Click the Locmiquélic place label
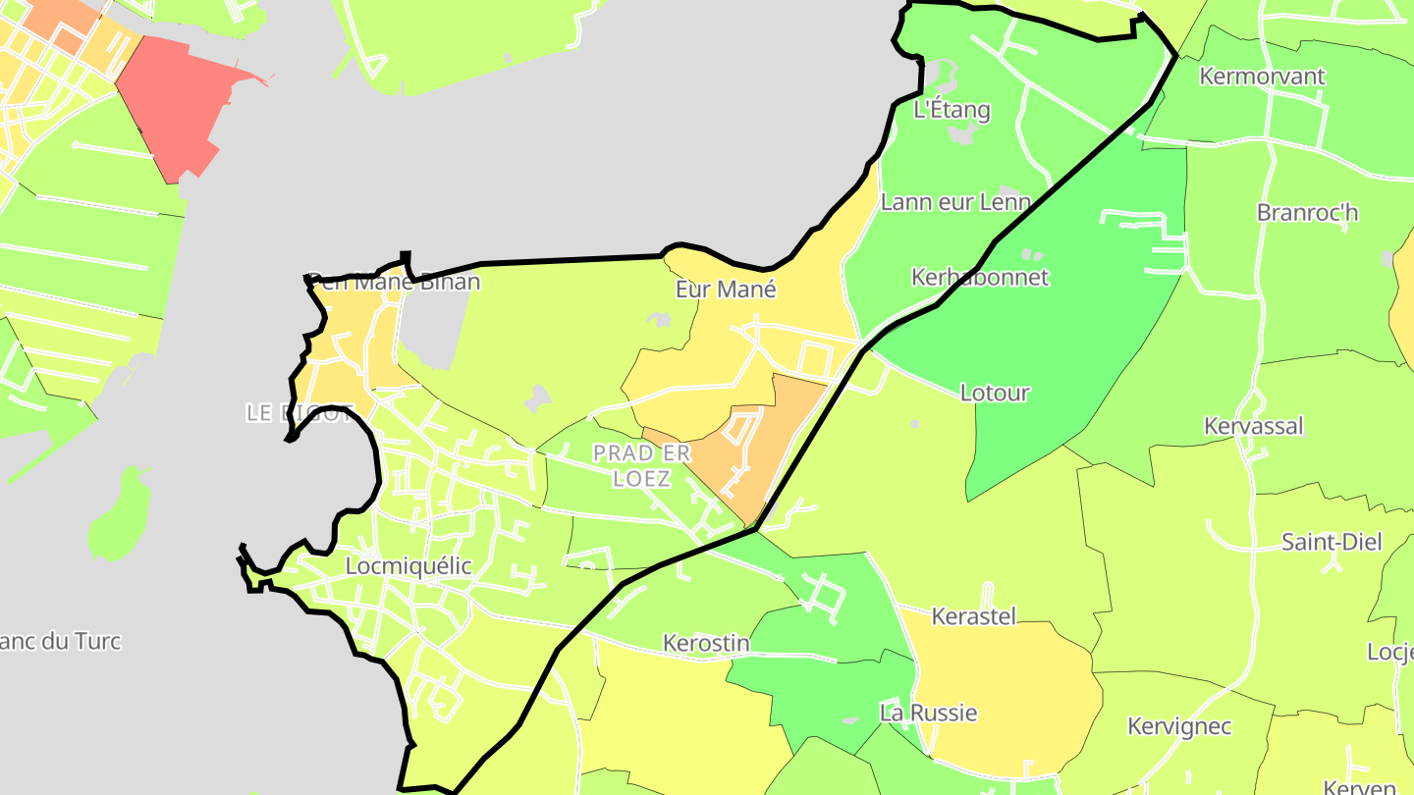(408, 566)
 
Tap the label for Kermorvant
(1262, 76)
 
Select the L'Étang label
(952, 109)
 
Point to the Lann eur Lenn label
(955, 202)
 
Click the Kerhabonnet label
(979, 277)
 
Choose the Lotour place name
(994, 393)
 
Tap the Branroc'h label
(1307, 212)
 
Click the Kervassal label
(1253, 425)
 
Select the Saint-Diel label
(1331, 542)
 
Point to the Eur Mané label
(726, 289)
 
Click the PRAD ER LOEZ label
(642, 465)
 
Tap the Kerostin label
(706, 643)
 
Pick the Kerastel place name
(972, 616)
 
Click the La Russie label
(928, 713)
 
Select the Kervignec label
(1178, 726)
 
